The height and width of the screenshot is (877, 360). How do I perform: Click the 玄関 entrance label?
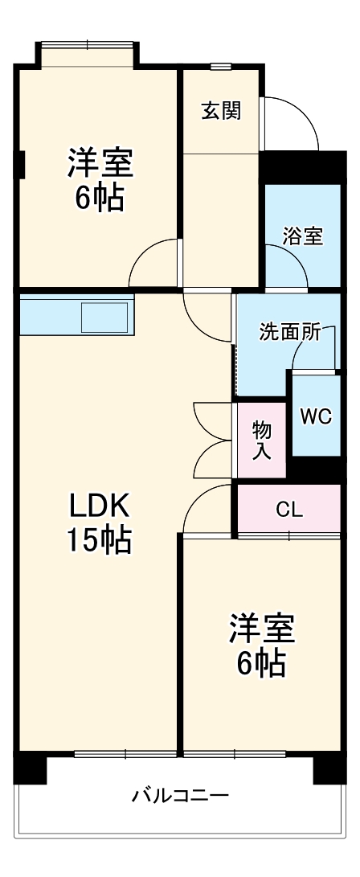(220, 111)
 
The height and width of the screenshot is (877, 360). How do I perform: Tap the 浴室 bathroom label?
(303, 236)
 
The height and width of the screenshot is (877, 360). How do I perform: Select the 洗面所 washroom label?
(287, 331)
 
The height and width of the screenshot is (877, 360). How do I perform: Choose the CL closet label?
(288, 509)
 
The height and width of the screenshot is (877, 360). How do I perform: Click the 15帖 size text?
(98, 542)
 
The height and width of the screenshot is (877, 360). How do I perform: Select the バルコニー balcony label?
(181, 796)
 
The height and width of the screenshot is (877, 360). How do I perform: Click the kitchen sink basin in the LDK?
(104, 316)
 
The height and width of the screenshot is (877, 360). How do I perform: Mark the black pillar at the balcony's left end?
(31, 768)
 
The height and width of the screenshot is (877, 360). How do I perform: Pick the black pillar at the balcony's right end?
(329, 768)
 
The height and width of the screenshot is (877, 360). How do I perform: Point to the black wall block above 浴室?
(301, 167)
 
